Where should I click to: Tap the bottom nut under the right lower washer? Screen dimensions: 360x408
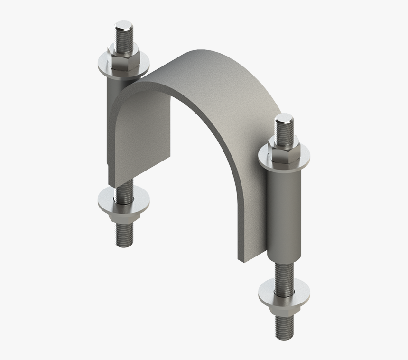point(284,309)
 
